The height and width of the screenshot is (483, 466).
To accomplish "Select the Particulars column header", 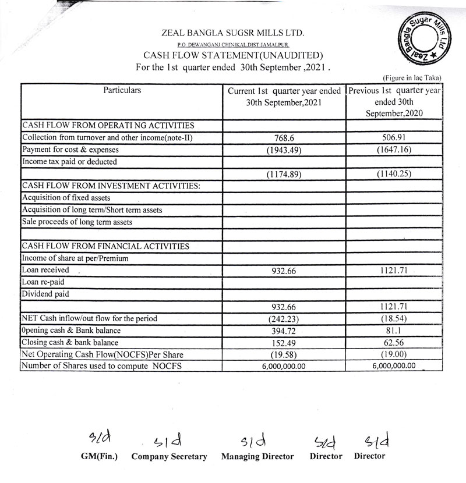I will [122, 91].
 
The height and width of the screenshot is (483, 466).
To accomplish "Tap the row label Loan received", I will [45, 270].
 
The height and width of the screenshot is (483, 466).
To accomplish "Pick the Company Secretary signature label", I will [169, 457].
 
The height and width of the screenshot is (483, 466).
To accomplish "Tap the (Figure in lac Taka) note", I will [412, 77].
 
